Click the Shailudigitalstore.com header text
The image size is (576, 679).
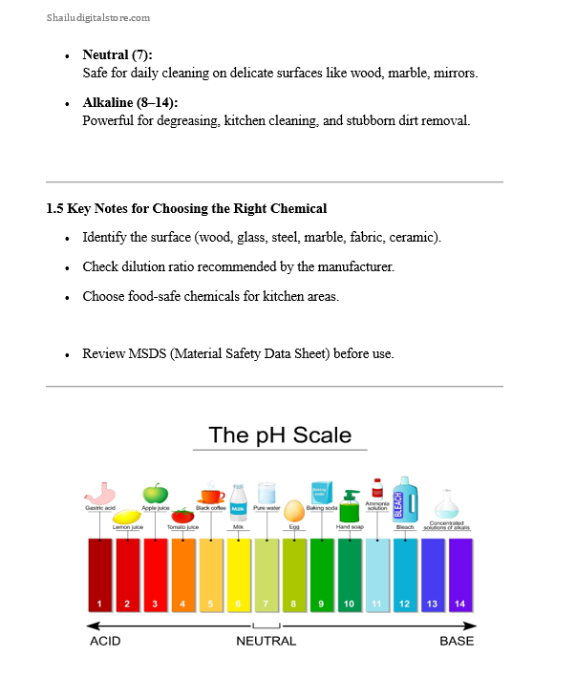[x=97, y=18]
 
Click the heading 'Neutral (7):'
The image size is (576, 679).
[x=117, y=55]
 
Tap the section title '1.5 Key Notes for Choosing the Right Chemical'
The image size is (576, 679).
[x=186, y=208]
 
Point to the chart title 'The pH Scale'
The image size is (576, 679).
[x=280, y=435]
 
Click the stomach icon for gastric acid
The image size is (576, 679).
[x=99, y=493]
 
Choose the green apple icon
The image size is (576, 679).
[x=156, y=493]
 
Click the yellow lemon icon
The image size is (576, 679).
[x=127, y=513]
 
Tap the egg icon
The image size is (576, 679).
[x=294, y=511]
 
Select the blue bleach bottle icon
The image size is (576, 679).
[x=405, y=499]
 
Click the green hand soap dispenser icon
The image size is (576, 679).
[x=351, y=505]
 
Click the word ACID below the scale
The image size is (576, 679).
[x=105, y=641]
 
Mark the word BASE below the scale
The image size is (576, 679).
[x=457, y=641]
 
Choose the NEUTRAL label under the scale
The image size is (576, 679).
[x=267, y=641]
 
